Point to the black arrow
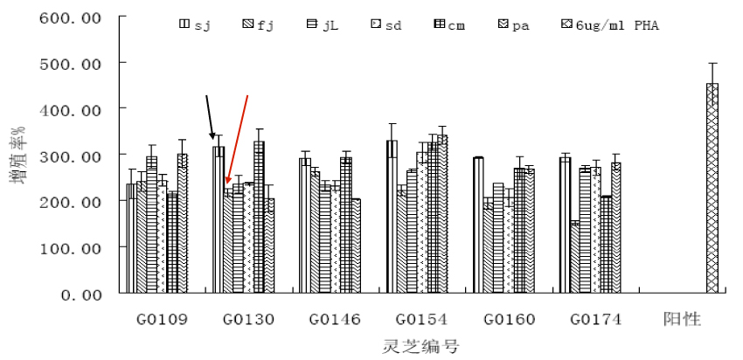209,116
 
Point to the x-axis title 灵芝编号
421,347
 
